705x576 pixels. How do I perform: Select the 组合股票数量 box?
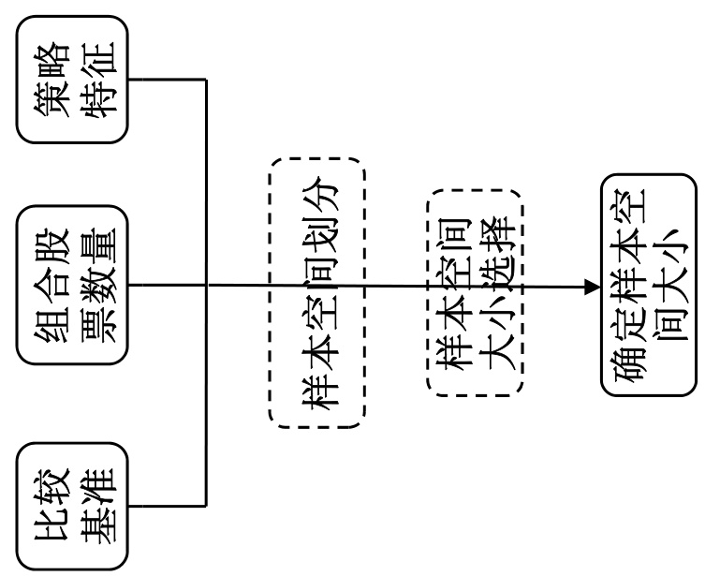(74, 285)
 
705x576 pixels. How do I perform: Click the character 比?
(52, 534)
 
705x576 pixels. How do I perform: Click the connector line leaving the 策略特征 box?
(169, 79)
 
